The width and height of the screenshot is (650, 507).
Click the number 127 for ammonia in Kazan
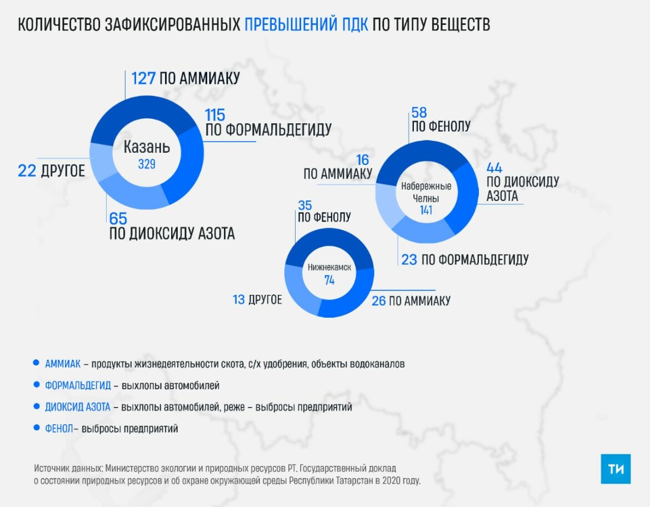(143, 78)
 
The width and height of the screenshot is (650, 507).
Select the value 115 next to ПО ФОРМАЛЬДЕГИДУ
(215, 115)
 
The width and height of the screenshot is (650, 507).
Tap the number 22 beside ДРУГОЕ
(27, 170)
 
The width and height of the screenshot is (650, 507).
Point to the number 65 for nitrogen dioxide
(118, 218)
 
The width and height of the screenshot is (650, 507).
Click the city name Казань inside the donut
(147, 148)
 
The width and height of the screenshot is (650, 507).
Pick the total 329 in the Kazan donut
(147, 164)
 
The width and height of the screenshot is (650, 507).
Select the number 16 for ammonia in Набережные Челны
(362, 160)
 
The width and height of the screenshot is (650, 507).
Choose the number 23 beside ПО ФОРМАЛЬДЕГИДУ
(409, 259)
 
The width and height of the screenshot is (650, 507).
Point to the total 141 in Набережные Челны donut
(426, 210)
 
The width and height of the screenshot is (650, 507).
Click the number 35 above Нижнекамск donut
(305, 204)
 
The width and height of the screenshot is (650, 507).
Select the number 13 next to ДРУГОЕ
(239, 300)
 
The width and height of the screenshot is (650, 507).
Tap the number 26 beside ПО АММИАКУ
(378, 300)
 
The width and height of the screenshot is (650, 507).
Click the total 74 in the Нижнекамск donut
(329, 280)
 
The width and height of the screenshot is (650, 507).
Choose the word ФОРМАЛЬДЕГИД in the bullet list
(78, 385)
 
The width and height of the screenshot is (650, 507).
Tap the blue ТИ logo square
(616, 469)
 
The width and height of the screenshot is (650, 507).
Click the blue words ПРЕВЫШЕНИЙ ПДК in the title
(306, 25)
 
